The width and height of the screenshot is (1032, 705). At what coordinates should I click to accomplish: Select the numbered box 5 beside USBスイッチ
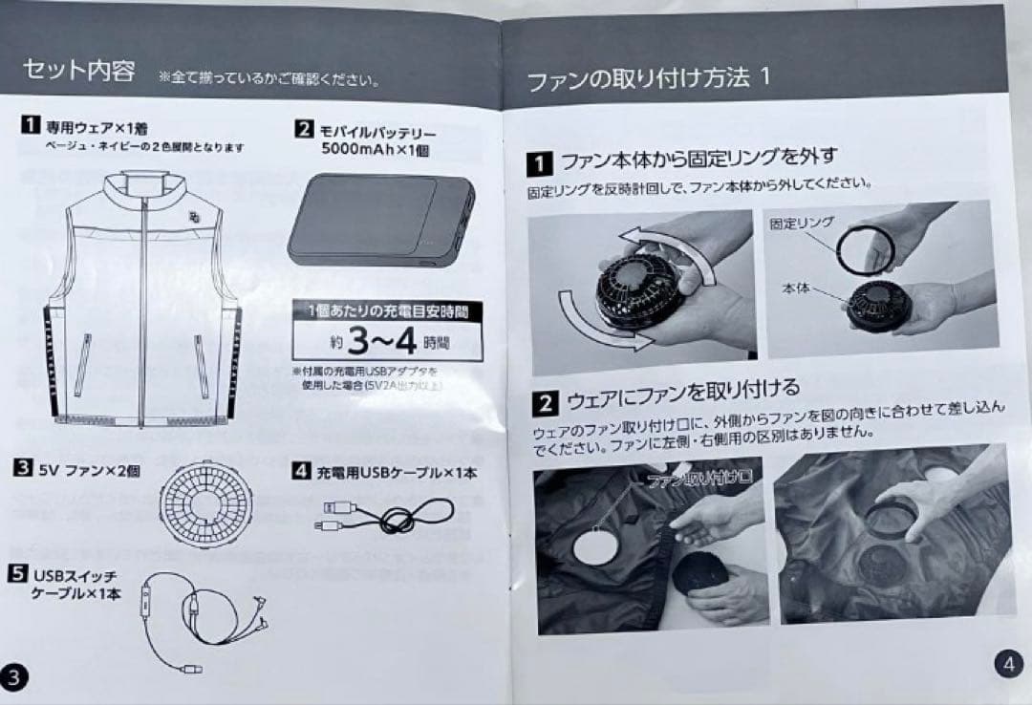point(18,574)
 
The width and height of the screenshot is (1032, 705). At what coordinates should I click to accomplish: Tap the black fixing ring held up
point(864,248)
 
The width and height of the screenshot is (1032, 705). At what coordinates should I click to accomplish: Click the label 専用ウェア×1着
point(96,127)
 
